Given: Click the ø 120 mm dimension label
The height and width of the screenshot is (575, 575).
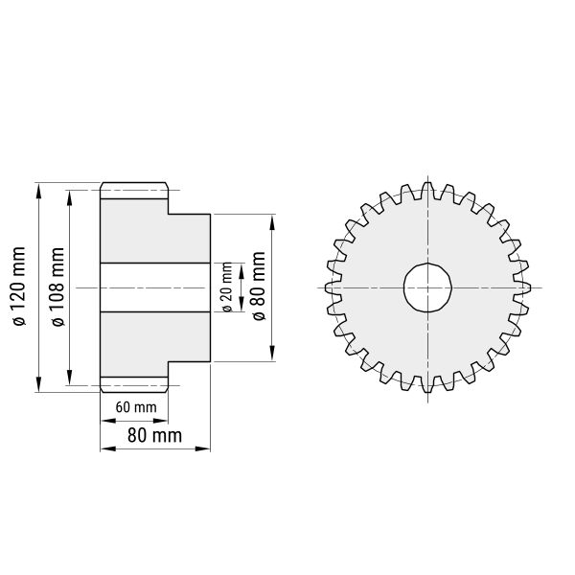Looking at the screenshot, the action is coord(19,287).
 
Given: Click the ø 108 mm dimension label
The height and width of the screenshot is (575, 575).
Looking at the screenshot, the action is coord(57,287).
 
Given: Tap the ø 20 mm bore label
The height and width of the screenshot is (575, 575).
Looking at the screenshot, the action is coord(227,287).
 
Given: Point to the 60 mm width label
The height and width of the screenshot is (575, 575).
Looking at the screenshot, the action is coord(136,407).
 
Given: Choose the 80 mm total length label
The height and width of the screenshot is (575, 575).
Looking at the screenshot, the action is coord(154,436).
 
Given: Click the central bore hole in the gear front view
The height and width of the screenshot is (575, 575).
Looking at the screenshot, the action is coord(427,287).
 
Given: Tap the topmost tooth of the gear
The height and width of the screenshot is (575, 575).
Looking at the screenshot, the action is coord(427,191).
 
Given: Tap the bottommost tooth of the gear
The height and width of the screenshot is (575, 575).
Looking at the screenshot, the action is coord(427,384).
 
